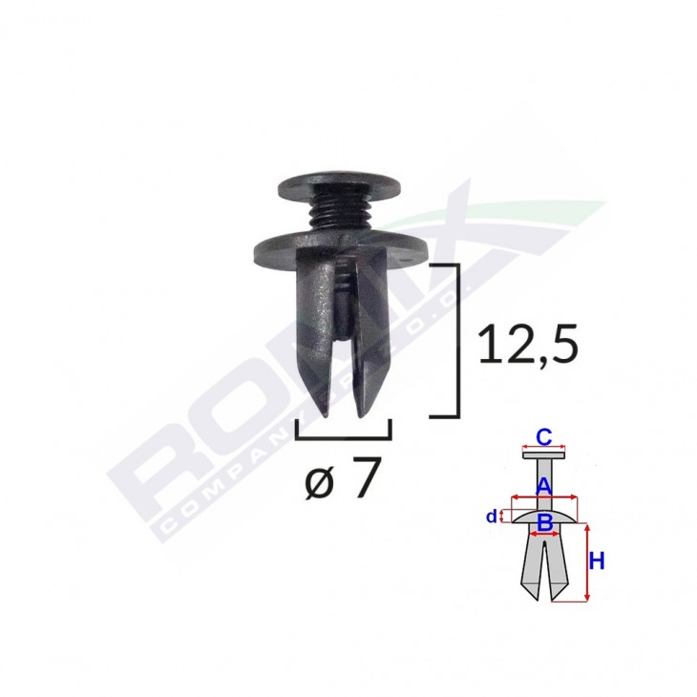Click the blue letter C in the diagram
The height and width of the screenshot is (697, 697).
(x=542, y=437)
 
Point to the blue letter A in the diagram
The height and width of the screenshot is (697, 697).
(x=542, y=485)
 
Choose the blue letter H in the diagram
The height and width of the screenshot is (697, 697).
(x=596, y=562)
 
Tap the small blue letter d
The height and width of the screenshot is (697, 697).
(x=491, y=517)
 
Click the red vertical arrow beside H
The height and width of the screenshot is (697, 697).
(x=584, y=563)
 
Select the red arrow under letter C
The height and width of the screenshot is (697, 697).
(x=543, y=449)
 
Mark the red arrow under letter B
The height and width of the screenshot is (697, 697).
(x=543, y=532)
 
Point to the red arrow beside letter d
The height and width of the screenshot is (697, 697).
(x=501, y=517)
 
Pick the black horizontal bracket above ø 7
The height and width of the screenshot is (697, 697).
(x=344, y=435)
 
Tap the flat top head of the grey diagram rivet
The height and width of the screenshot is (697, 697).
(x=543, y=455)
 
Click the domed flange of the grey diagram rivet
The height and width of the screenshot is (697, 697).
(x=543, y=516)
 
